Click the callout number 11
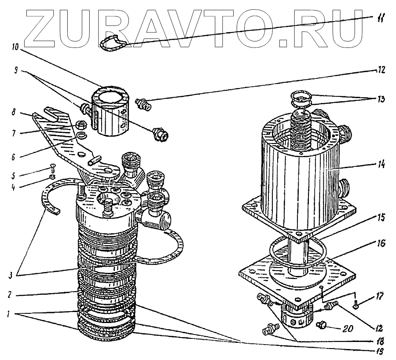pyautogui.click(x=380, y=18)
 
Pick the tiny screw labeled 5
pyautogui.click(x=52, y=168)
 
